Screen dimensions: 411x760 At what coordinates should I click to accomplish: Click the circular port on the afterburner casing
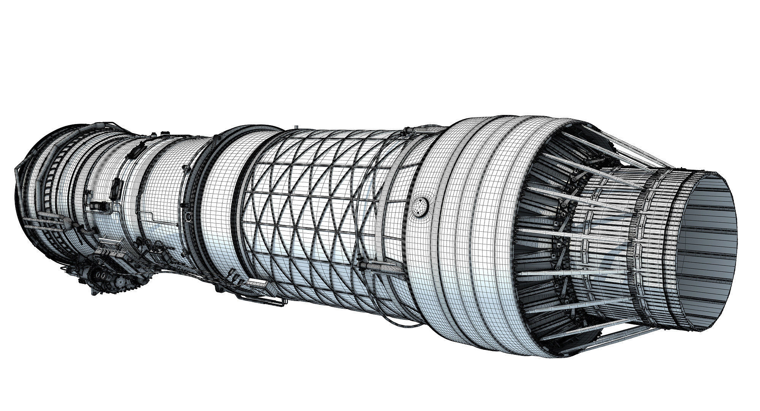[420, 207]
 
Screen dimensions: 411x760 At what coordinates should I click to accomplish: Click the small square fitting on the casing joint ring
[188, 217]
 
